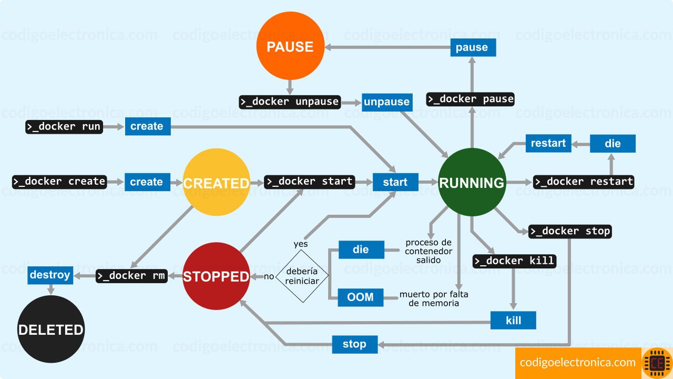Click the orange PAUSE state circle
[290, 46]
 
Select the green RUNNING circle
[472, 182]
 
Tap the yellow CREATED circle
[216, 182]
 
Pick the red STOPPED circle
[216, 276]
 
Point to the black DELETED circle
[51, 329]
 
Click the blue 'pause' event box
[473, 47]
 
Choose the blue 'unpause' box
[387, 102]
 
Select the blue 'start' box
[395, 182]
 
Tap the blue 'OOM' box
[360, 297]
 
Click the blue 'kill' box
[513, 320]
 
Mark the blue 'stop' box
[354, 344]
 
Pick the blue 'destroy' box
[50, 275]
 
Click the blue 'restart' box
[548, 143]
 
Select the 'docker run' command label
[64, 126]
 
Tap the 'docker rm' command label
[131, 275]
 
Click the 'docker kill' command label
[514, 261]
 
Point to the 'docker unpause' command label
[290, 102]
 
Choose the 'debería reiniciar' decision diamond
[302, 275]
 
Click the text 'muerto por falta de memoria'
[433, 298]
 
